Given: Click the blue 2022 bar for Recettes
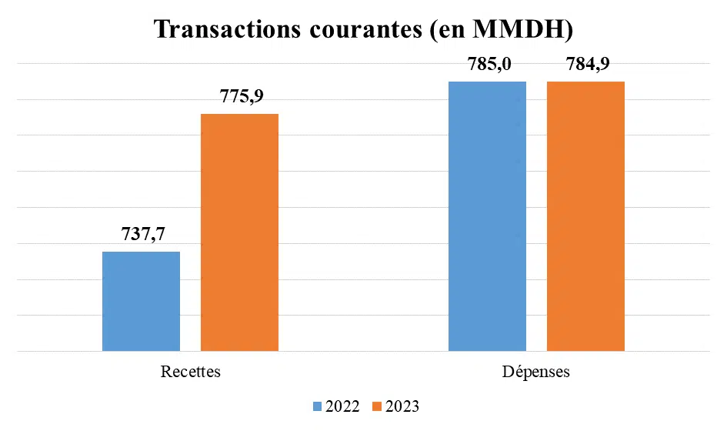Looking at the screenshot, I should [x=141, y=302].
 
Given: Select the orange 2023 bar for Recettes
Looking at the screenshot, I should [x=239, y=232].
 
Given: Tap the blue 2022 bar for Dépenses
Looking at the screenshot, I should [x=487, y=216].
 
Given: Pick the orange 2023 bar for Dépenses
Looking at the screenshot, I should [x=585, y=216].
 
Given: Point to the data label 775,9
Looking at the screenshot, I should [x=239, y=97].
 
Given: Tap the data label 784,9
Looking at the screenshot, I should [x=588, y=65].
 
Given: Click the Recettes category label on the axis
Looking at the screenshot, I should [x=190, y=372].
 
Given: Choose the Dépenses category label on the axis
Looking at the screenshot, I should [x=536, y=372].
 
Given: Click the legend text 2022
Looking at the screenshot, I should [x=342, y=406].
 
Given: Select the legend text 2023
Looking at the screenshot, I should [x=402, y=406].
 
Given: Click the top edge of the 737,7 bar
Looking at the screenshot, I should [x=141, y=252].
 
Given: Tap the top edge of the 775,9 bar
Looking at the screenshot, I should [x=239, y=115].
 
